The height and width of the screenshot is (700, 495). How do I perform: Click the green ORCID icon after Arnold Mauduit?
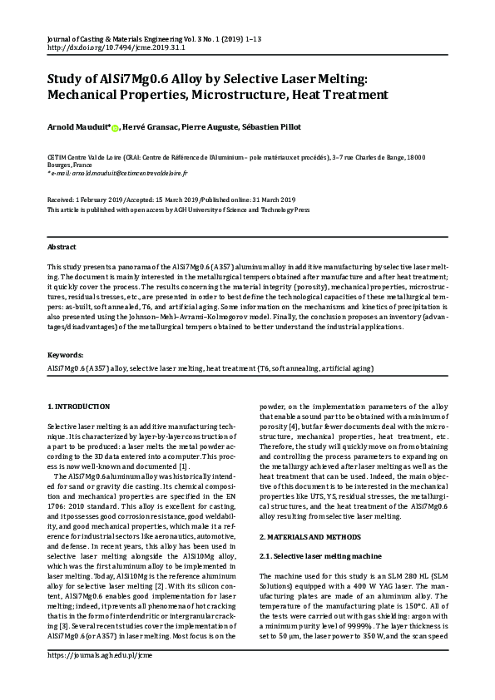click(x=115, y=127)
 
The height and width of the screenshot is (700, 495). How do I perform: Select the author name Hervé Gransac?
click(x=149, y=126)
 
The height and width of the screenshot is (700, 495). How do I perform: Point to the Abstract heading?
click(x=62, y=248)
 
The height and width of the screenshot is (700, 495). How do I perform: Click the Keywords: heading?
click(x=65, y=354)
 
